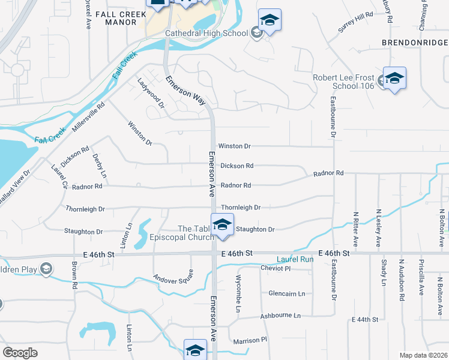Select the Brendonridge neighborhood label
[415, 43]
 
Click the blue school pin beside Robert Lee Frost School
[394, 79]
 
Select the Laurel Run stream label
[295, 260]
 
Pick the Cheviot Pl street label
[276, 268]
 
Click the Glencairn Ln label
[287, 293]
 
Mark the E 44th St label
[364, 319]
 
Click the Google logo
[20, 353]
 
